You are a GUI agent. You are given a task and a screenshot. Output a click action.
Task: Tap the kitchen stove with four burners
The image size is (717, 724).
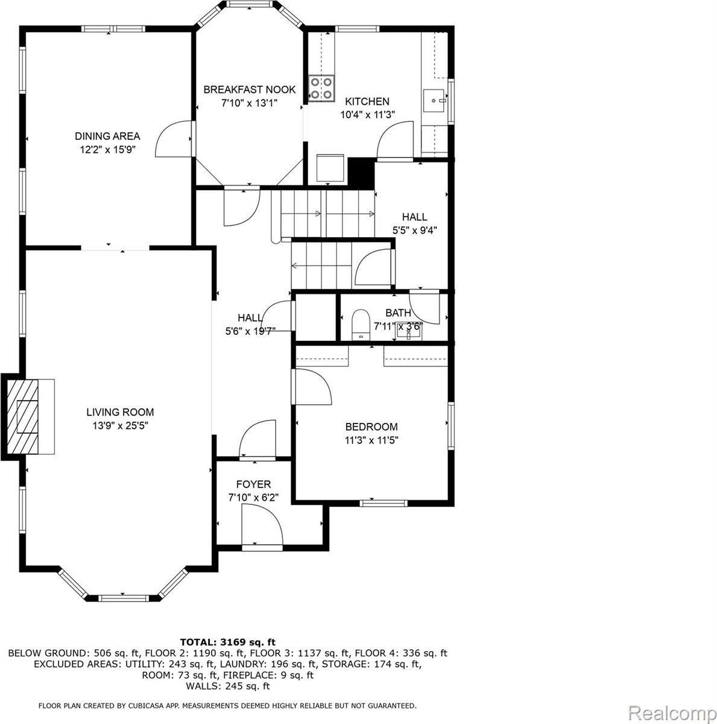point(321,87)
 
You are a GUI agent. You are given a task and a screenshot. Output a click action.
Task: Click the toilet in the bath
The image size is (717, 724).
point(360,323)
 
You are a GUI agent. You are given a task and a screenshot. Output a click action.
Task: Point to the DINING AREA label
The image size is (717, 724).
point(107,136)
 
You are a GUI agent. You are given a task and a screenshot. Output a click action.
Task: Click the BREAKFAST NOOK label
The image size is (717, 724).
point(249,89)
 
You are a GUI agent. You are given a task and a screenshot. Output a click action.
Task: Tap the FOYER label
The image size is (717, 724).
point(253,484)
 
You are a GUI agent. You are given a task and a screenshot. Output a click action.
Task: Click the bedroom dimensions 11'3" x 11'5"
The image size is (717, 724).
point(371,440)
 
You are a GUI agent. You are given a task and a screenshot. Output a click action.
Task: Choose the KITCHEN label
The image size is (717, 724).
point(367,101)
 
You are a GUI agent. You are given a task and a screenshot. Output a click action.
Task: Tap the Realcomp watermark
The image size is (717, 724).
point(670,713)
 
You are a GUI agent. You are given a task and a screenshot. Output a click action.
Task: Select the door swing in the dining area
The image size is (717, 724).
point(174,139)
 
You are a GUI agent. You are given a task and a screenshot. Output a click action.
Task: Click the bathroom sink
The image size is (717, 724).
point(409,331)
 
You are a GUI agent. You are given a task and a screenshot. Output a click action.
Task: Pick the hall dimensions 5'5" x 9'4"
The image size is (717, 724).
point(411,229)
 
